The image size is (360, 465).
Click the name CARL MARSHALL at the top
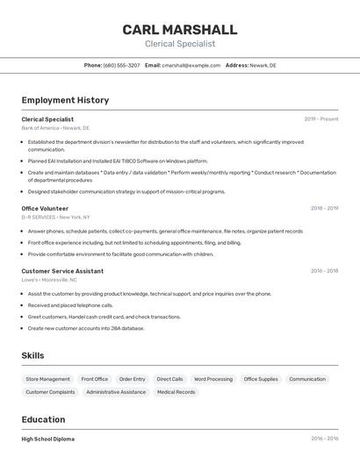[x=180, y=29]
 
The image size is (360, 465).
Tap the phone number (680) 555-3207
[x=121, y=65]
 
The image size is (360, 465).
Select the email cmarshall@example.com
[x=191, y=65]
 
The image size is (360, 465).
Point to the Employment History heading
[x=65, y=100]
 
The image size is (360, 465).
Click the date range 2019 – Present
[x=321, y=118]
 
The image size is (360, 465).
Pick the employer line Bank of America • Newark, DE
[x=55, y=128]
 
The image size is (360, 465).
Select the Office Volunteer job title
[x=45, y=208]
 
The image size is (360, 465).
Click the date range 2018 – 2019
[x=324, y=208]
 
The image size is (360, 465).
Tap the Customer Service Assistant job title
[x=62, y=271]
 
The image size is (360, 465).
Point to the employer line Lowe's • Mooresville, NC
[x=55, y=281]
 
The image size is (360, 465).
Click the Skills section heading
[x=33, y=355]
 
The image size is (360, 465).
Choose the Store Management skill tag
[x=47, y=379]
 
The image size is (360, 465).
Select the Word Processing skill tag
[x=213, y=379]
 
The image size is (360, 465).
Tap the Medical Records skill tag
[x=176, y=392]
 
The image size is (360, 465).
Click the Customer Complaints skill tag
[x=50, y=392]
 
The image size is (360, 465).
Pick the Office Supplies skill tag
[x=261, y=379]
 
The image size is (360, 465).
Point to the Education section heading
[x=43, y=419]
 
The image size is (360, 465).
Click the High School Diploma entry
[x=48, y=439]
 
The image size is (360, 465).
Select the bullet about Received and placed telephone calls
[x=70, y=305]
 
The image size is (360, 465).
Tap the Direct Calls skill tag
[x=169, y=379]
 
